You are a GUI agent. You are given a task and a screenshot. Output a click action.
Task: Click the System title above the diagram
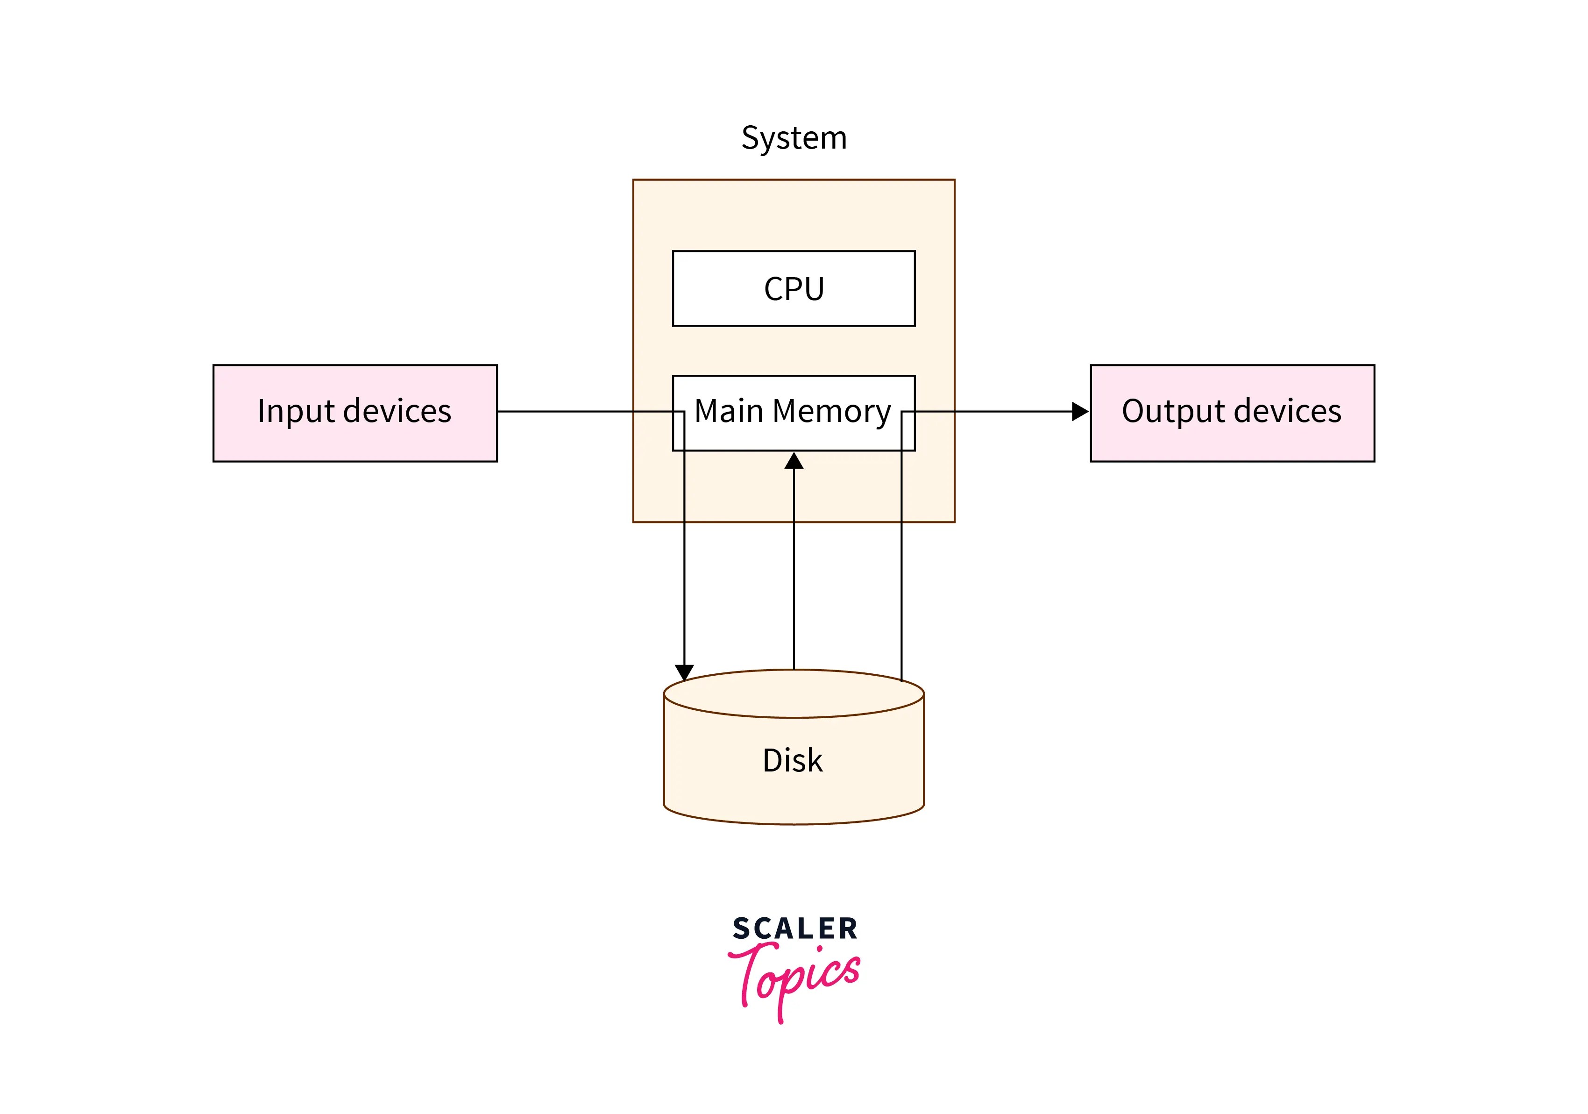(794, 138)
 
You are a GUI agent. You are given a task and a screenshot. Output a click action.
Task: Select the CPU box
(794, 288)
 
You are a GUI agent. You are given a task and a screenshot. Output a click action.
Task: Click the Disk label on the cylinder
(792, 760)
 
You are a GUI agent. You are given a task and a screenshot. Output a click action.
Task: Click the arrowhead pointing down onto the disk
(684, 672)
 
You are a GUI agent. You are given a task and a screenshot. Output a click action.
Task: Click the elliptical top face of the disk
(794, 694)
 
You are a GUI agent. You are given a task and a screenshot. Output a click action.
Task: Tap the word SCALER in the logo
(794, 928)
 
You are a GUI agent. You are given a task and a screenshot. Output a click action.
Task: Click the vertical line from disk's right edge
(901, 588)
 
